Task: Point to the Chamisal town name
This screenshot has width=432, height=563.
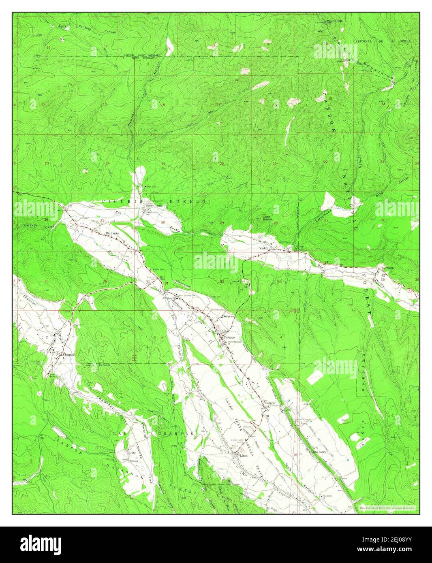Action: pos(68,354)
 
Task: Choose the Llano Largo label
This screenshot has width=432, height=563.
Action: pos(319,451)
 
